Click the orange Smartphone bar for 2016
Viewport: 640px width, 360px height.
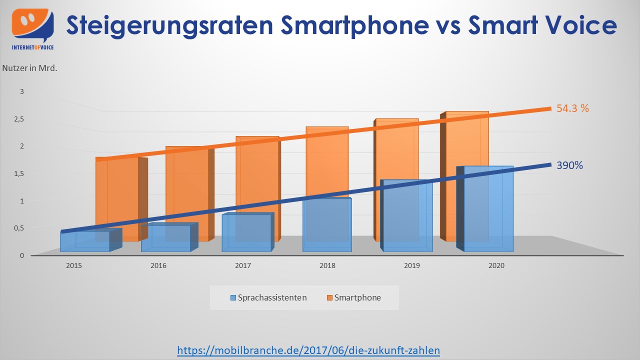coord(186,185)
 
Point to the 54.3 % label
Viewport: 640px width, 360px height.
coord(572,108)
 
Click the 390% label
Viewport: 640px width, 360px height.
coord(569,165)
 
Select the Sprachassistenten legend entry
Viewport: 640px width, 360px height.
coord(268,297)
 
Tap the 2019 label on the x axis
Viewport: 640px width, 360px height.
coord(412,266)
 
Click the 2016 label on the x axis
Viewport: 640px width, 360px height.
coord(158,266)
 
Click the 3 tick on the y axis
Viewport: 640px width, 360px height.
coord(21,91)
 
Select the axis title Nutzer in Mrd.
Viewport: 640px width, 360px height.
coord(30,68)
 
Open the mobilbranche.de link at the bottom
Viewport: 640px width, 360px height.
coord(308,350)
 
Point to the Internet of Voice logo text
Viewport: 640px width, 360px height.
coord(32,47)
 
